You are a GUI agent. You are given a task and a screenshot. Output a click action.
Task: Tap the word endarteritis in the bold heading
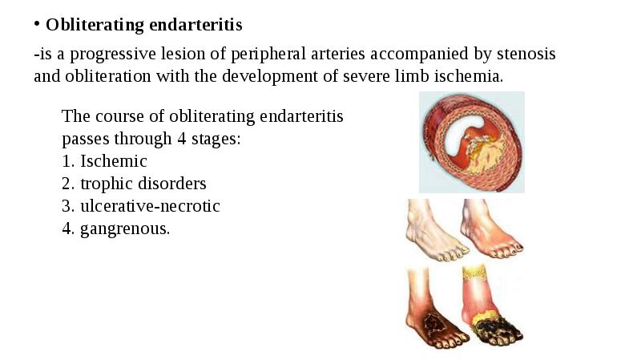(195, 25)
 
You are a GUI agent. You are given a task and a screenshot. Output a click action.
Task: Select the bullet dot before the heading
(37, 24)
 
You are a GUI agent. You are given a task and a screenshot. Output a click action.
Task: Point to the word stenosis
(523, 55)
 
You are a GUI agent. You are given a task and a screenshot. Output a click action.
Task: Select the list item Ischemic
(113, 161)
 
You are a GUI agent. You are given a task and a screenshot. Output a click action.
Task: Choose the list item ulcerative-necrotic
(150, 206)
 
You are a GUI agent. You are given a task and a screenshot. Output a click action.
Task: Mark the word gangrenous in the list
(124, 229)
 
